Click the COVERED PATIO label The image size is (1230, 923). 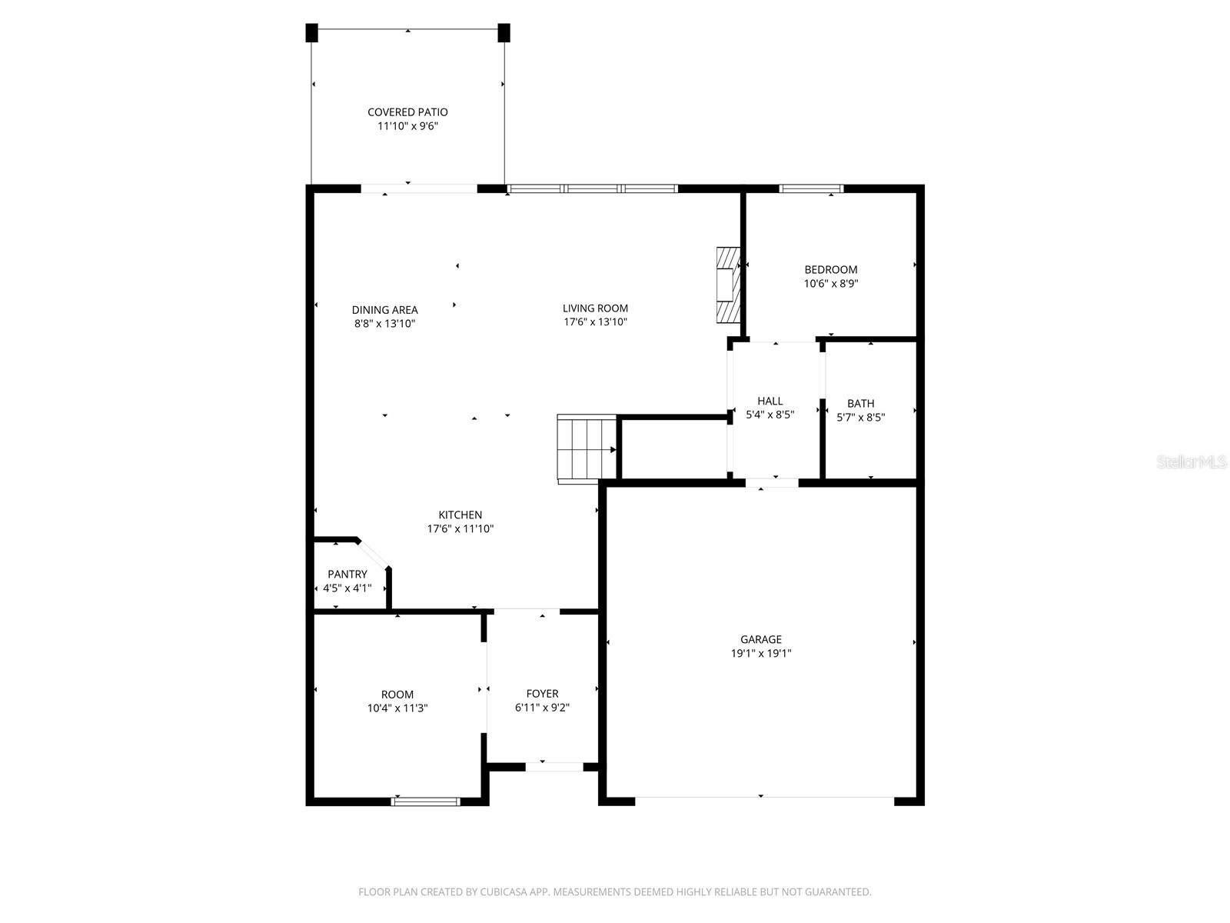point(407,112)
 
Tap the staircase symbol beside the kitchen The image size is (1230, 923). point(587,448)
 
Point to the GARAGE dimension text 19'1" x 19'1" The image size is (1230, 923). point(761,654)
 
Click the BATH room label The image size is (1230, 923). point(860,404)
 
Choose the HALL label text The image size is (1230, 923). point(770,401)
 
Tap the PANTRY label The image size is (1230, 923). point(347,575)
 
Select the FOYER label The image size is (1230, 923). point(542,694)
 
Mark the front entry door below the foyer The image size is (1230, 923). point(554,767)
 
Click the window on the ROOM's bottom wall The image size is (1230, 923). point(426,801)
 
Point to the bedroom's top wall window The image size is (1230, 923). point(811,188)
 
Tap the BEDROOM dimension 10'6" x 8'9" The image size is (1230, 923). point(831,283)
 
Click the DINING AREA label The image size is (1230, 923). point(385,310)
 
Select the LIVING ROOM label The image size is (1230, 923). point(595,308)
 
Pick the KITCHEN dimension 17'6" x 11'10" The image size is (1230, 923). point(460,529)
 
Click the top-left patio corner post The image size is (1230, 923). point(311,33)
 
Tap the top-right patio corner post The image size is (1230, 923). point(504,33)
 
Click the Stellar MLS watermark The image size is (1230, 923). point(1192,462)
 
